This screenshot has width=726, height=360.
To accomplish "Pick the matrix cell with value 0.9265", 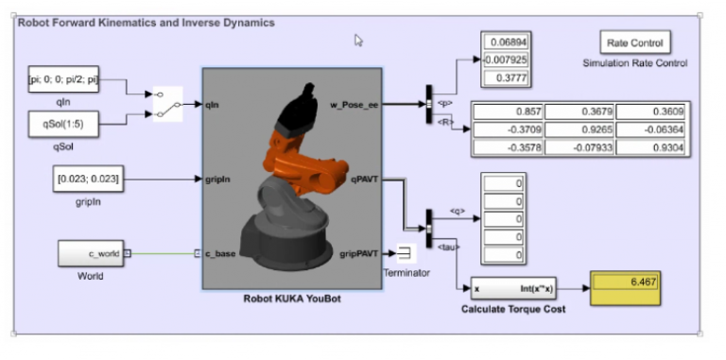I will pos(579,129).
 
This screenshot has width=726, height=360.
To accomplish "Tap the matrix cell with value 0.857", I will pos(509,111).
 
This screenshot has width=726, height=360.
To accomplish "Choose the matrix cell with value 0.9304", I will pos(651,146).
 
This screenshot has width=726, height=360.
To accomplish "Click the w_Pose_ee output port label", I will pos(354,102).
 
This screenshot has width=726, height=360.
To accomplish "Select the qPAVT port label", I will pos(364,177).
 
